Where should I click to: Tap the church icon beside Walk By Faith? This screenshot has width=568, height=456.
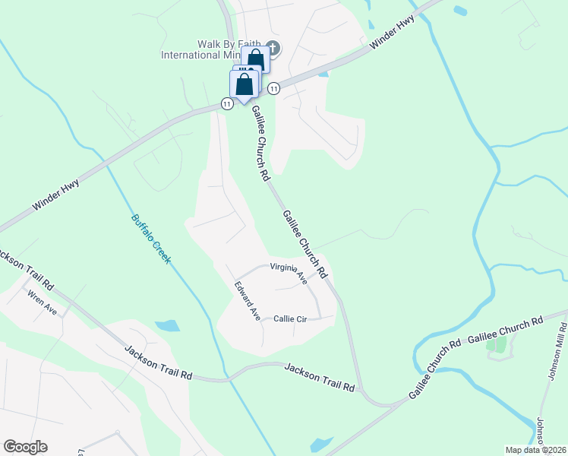pyautogui.click(x=273, y=49)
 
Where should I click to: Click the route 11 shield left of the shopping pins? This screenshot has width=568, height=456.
pyautogui.click(x=227, y=103)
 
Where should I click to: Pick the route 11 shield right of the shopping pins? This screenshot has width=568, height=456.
pyautogui.click(x=273, y=89)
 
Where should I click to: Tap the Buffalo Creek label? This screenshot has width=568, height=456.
pyautogui.click(x=151, y=237)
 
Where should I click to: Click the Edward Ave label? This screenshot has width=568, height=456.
pyautogui.click(x=248, y=299)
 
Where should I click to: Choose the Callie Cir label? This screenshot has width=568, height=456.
pyautogui.click(x=289, y=319)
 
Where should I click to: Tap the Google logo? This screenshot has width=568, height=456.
pyautogui.click(x=25, y=447)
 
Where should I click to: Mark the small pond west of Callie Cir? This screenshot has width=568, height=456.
pyautogui.click(x=168, y=326)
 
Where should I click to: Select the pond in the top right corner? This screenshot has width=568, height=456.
pyautogui.click(x=459, y=11)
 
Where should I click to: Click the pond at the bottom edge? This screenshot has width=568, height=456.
pyautogui.click(x=321, y=444)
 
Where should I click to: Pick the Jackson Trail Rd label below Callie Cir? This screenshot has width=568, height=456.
pyautogui.click(x=320, y=377)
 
